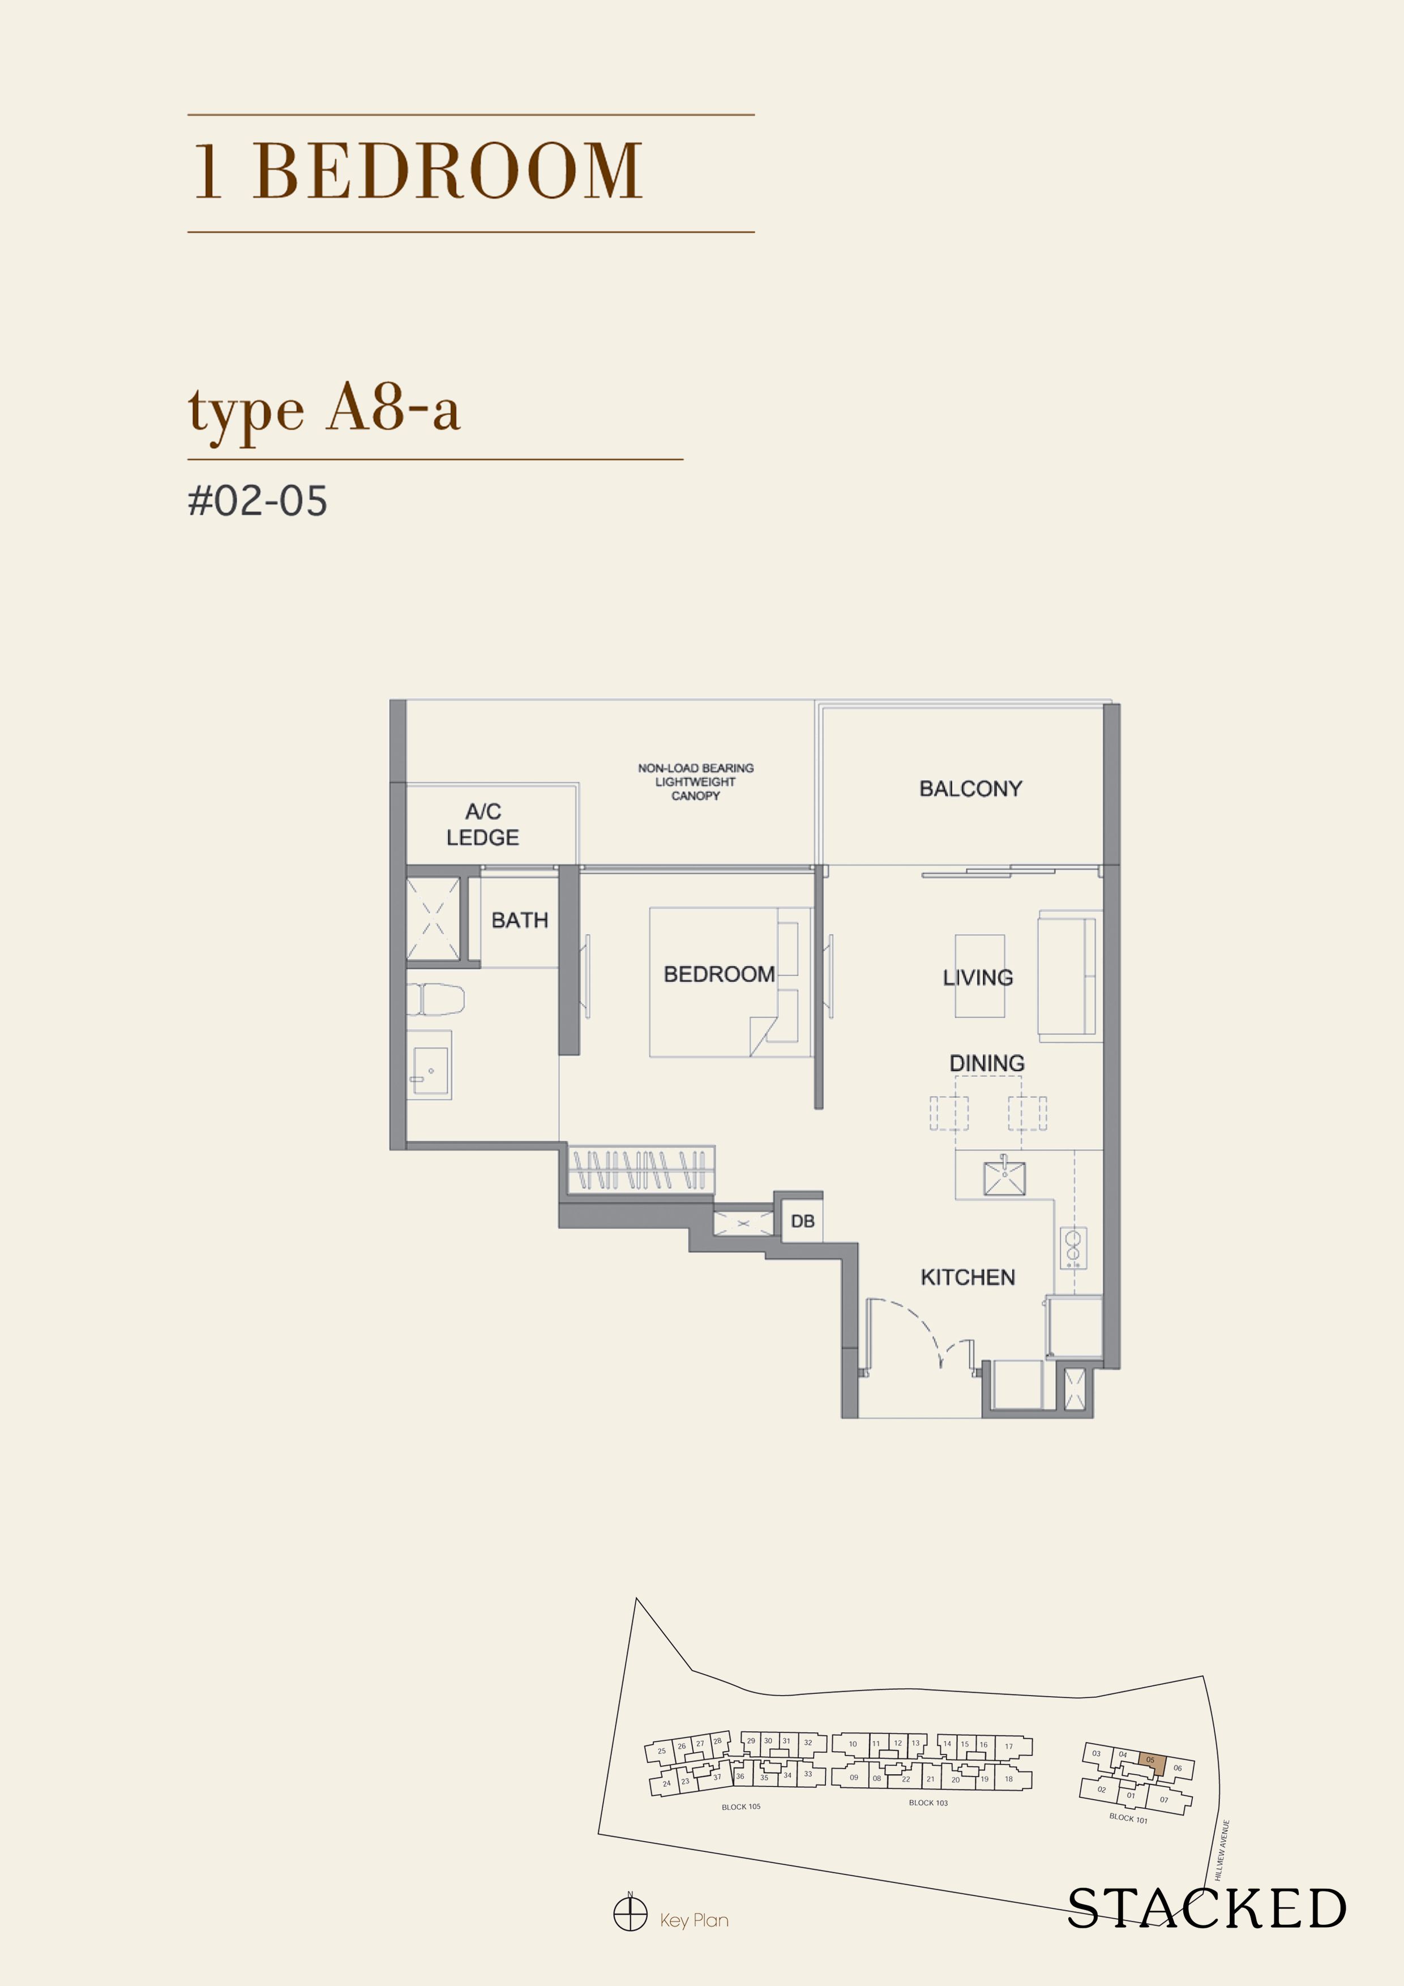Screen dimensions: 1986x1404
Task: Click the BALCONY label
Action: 970,788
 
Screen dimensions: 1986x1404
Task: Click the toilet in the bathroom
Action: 435,999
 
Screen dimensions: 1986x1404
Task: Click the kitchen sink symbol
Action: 1004,1177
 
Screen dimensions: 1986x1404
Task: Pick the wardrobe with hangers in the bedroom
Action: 640,1170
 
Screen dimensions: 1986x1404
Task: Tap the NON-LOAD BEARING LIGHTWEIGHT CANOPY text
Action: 696,781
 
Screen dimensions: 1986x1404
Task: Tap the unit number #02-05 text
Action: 258,501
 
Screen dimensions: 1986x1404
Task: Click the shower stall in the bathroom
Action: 434,919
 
